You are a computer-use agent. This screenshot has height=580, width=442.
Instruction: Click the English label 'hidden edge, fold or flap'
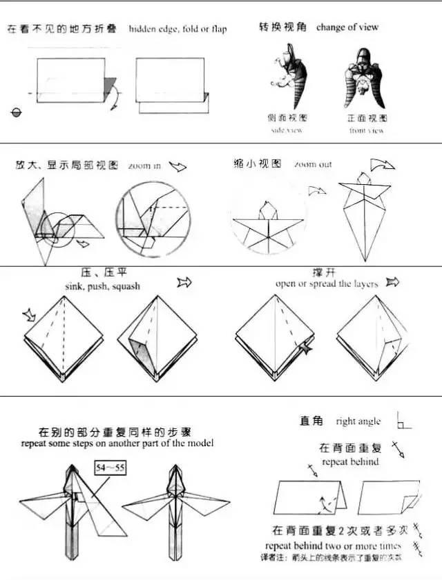(x=177, y=29)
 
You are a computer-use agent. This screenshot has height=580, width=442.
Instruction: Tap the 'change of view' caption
(x=347, y=28)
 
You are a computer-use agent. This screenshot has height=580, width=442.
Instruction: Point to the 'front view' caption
(x=366, y=130)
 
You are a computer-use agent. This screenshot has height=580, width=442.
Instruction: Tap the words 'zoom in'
(x=144, y=166)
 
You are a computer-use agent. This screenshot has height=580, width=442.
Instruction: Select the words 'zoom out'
(x=312, y=165)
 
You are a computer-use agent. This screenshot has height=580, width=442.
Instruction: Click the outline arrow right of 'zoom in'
(x=178, y=166)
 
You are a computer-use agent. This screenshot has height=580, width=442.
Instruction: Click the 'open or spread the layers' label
(x=327, y=283)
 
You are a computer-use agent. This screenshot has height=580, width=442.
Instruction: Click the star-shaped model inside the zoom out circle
(x=268, y=223)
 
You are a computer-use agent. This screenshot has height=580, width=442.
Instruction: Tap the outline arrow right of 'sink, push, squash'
(x=184, y=282)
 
